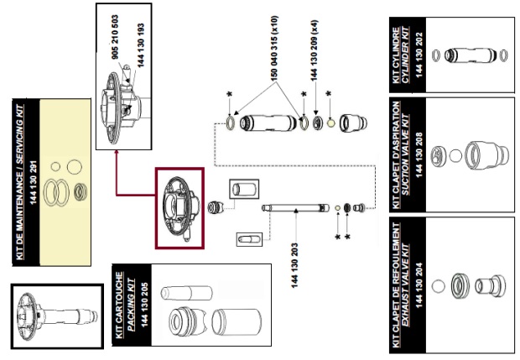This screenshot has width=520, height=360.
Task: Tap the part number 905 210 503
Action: [x=112, y=41]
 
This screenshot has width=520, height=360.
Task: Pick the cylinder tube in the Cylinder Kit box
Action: [x=471, y=55]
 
